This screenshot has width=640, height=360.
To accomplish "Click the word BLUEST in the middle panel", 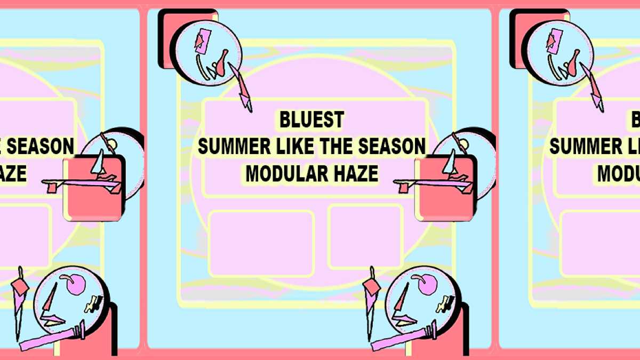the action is click(311, 119).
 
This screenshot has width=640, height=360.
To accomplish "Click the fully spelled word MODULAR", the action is click(286, 173).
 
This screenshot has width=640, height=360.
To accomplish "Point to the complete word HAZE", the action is click(356, 173).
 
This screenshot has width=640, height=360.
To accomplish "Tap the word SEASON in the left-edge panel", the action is click(41, 146).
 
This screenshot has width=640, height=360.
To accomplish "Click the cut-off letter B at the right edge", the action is click(636, 119).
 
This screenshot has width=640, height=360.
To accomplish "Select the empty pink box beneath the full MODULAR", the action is click(261, 244).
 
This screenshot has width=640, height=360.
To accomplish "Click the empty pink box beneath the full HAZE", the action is click(365, 237).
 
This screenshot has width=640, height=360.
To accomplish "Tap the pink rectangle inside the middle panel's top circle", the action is click(203, 41).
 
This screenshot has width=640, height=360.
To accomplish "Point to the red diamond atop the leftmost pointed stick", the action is click(20, 286).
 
